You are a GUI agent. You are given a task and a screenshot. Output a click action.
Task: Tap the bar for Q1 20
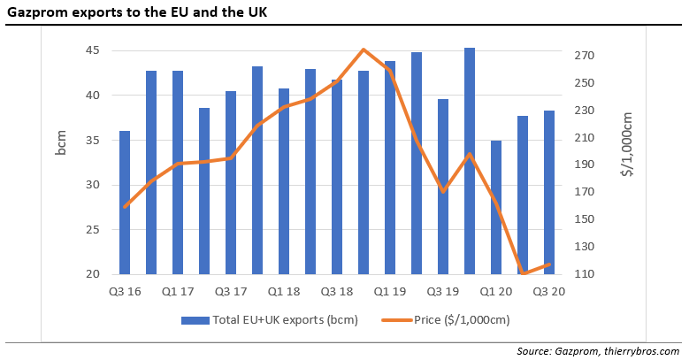coord(496,207)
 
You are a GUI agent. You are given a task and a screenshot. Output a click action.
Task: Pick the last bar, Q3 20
coord(549,192)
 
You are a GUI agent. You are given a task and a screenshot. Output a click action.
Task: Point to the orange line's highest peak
coord(364,50)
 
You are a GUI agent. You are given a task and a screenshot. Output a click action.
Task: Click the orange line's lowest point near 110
coord(524,273)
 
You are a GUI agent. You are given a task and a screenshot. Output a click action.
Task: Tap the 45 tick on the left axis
coord(92,50)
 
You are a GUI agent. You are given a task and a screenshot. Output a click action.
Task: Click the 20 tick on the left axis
coord(92,274)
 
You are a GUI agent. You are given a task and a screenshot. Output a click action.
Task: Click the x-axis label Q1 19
coord(390,290)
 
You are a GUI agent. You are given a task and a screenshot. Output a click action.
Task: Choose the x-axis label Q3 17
coord(230,290)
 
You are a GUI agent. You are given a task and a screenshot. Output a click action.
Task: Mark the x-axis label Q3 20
coord(549,290)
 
